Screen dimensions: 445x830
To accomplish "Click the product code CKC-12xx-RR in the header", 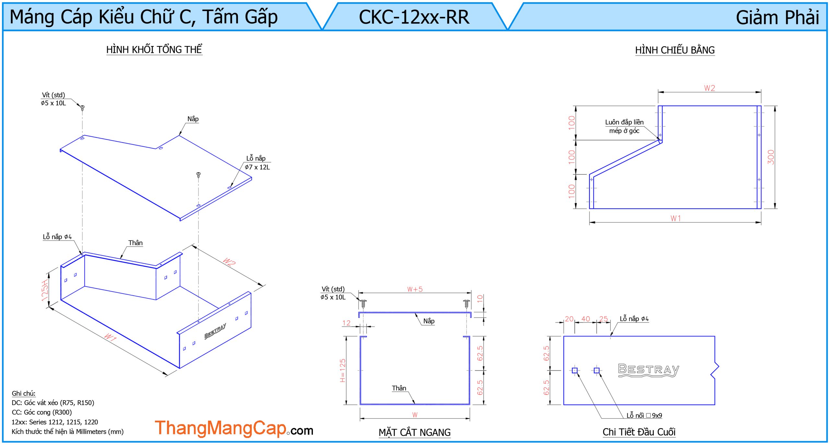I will [414, 17].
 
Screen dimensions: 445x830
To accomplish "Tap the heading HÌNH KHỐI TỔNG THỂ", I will [154, 50].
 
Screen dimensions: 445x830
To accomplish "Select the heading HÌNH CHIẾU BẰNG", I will [675, 50].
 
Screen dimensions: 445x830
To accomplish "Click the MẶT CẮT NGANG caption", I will [414, 432].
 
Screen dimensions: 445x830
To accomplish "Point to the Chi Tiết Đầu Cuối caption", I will [639, 432].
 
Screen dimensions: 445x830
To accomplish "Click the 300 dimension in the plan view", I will [771, 157].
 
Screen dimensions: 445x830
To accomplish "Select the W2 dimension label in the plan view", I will [709, 88].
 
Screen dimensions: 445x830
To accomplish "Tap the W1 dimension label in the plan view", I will [676, 218].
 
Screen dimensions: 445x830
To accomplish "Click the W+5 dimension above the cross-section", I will [415, 289].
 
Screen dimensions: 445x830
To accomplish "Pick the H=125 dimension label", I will [342, 370].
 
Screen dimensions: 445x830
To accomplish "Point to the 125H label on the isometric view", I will [45, 291].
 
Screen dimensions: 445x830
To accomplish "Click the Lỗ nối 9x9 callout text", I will [644, 416].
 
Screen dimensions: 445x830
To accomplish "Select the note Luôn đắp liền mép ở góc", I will [624, 126].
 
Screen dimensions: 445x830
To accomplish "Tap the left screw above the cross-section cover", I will [363, 304].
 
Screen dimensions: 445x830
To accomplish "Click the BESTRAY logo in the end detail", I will [648, 370].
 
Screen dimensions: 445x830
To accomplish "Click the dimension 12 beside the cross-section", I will [346, 323].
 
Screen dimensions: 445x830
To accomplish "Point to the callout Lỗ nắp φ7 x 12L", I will [257, 163].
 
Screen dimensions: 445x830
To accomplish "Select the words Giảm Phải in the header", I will [777, 18].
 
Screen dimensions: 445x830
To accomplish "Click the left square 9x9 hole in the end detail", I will [575, 370].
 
